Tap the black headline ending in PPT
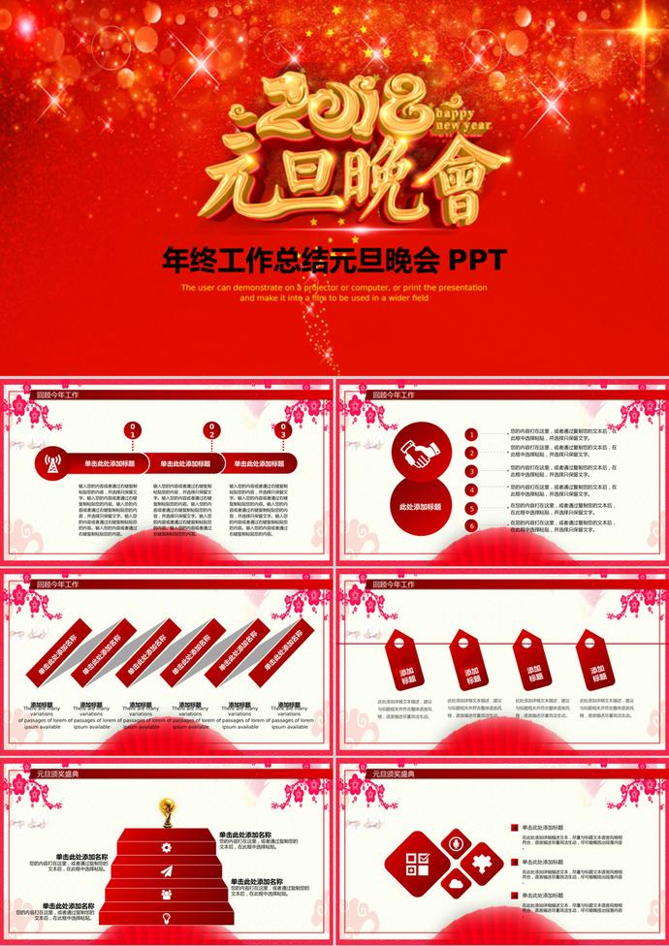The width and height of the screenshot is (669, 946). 334,260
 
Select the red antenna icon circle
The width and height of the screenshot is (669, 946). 51,463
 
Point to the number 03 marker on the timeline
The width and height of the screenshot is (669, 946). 283,427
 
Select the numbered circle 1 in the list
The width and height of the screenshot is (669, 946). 471,434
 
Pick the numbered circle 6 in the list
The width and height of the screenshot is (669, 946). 471,526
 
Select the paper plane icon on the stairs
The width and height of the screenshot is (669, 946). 167,870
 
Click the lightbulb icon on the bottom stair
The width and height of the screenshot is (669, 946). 167,916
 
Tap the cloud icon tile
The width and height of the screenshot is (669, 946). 455,884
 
